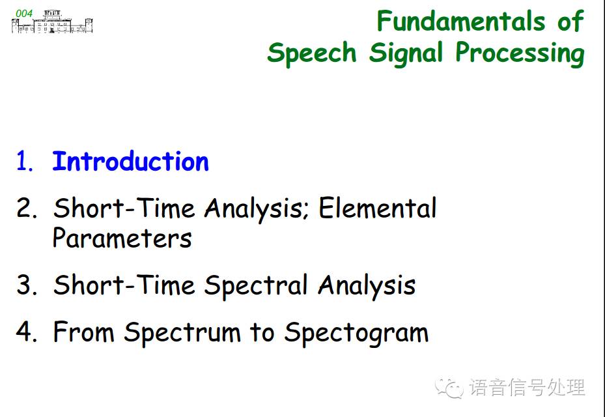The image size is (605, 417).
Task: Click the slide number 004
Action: click(24, 14)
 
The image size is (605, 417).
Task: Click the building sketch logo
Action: click(52, 22)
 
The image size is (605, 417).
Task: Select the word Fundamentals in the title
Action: click(461, 21)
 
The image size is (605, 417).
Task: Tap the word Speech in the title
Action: click(312, 53)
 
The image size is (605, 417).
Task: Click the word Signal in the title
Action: click(406, 53)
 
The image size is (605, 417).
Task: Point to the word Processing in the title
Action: click(520, 53)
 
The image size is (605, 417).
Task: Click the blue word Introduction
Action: click(130, 162)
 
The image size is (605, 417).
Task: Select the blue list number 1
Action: click(25, 162)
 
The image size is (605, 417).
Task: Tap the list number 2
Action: click(27, 208)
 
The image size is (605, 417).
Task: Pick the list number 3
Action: click(27, 285)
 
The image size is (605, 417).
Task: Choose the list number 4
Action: click(27, 332)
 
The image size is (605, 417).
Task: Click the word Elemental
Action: click(377, 208)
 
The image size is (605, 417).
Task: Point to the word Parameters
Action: click(122, 238)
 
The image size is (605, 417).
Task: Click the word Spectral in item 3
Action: click(255, 287)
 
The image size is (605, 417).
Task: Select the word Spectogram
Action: click(356, 333)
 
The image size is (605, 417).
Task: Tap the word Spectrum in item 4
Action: click(182, 333)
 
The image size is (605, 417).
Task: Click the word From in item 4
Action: click(84, 332)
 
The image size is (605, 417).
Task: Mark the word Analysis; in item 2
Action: click(256, 209)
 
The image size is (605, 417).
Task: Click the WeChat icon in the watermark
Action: click(449, 387)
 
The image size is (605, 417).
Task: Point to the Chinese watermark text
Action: click(527, 387)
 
